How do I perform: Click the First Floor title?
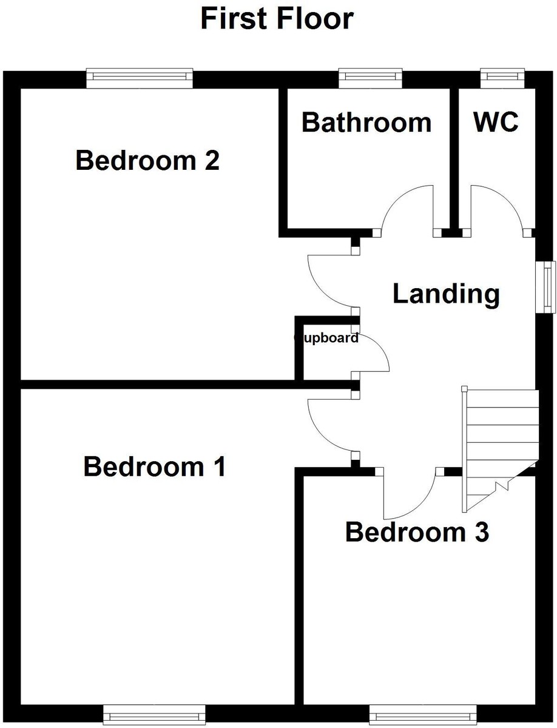[x=277, y=19]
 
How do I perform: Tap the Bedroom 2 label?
[x=147, y=161]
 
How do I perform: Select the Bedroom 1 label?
[x=155, y=467]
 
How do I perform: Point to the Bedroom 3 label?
[x=417, y=533]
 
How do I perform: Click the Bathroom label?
[x=366, y=123]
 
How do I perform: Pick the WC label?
[x=496, y=123]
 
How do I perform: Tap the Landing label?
[x=446, y=294]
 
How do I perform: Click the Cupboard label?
[x=326, y=339]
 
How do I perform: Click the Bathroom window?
[x=370, y=77]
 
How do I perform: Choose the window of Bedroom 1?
[x=154, y=712]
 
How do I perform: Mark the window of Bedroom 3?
[x=423, y=712]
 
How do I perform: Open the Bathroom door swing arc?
[x=405, y=207]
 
